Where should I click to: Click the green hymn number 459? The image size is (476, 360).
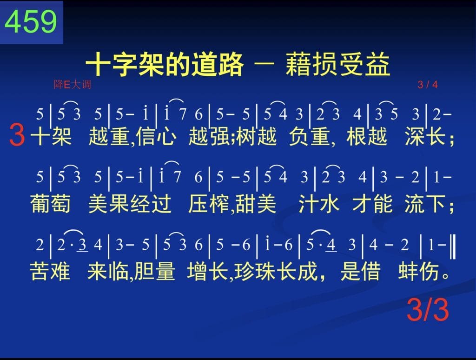click(31, 21)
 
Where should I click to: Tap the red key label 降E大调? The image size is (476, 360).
click(72, 85)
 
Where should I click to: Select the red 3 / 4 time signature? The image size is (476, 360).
click(428, 85)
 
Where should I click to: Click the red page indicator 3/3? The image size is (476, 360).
click(428, 310)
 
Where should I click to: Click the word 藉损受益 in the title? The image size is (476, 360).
click(337, 64)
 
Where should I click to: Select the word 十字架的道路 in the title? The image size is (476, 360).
click(165, 64)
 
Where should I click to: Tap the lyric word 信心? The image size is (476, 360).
click(156, 136)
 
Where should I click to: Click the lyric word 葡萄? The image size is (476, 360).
click(50, 203)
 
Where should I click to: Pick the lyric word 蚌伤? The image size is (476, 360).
click(418, 271)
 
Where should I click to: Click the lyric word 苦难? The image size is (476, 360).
click(50, 271)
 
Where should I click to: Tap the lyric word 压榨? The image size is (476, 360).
click(209, 203)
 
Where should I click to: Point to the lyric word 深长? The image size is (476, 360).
click(425, 136)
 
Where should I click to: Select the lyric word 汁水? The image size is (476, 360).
click(319, 203)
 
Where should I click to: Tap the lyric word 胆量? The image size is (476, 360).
click(154, 271)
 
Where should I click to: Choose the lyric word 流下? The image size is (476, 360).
click(425, 203)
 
